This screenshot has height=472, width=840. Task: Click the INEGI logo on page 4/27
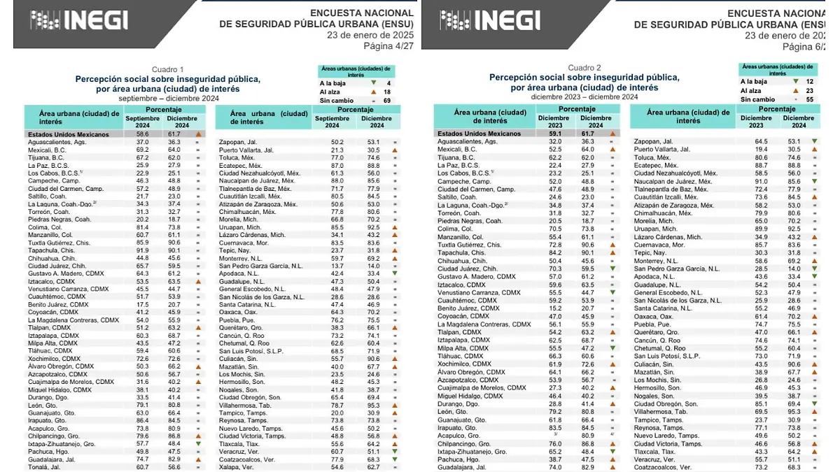pos(79,20)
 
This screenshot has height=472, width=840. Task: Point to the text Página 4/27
pos(388,46)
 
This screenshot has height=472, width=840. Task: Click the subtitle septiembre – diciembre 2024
pos(169,98)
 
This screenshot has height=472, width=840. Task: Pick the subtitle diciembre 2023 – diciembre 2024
pos(584,96)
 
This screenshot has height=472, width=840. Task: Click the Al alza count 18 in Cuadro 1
pos(387,92)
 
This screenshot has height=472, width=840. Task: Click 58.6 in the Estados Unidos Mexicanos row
pos(143,134)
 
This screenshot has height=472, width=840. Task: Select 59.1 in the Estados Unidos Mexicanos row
pos(554,134)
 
